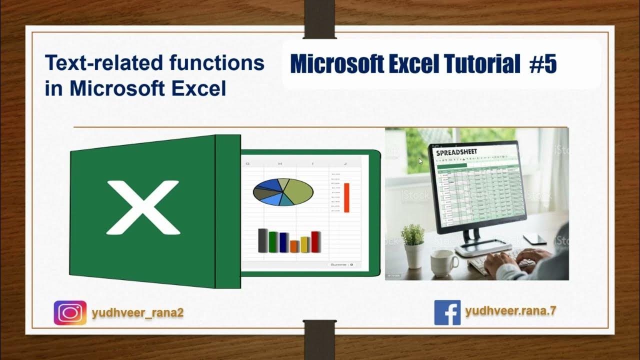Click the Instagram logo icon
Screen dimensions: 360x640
[x=70, y=313]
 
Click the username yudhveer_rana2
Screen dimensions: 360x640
[x=138, y=313]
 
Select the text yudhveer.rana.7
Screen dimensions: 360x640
[x=510, y=310]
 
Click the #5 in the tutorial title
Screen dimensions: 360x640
[x=543, y=64]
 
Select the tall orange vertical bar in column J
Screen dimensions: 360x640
[x=346, y=197]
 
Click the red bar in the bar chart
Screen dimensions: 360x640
[x=315, y=241]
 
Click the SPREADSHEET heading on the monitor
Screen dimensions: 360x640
[x=456, y=151]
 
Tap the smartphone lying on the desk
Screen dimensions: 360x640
[x=534, y=238]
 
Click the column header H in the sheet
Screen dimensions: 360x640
[x=280, y=163]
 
